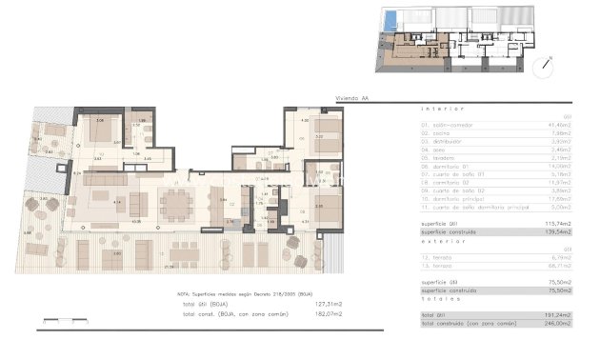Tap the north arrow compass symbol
pyautogui.click(x=544, y=69)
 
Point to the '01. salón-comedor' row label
pyautogui.click(x=448, y=124)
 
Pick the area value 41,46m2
pyautogui.click(x=558, y=124)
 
